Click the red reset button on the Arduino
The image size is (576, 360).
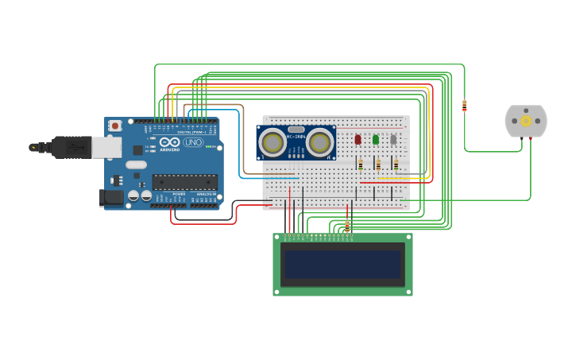(115, 126)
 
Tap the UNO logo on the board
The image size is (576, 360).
(193, 142)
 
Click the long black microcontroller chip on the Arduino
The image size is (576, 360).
(184, 182)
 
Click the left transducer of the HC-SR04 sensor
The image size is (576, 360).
(273, 142)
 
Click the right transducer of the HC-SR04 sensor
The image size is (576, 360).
(320, 142)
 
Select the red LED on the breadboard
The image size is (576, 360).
(358, 139)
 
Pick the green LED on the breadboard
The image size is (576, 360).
(376, 139)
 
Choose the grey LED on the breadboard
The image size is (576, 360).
(393, 139)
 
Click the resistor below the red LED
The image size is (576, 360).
(361, 164)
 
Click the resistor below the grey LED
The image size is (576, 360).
(396, 164)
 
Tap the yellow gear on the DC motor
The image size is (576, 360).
(526, 121)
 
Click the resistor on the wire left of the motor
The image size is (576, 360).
(464, 105)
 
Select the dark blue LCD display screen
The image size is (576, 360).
(343, 265)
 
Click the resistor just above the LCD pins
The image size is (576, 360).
(346, 227)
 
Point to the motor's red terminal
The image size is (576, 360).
(530, 138)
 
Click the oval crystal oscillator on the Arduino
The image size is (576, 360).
(136, 165)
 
